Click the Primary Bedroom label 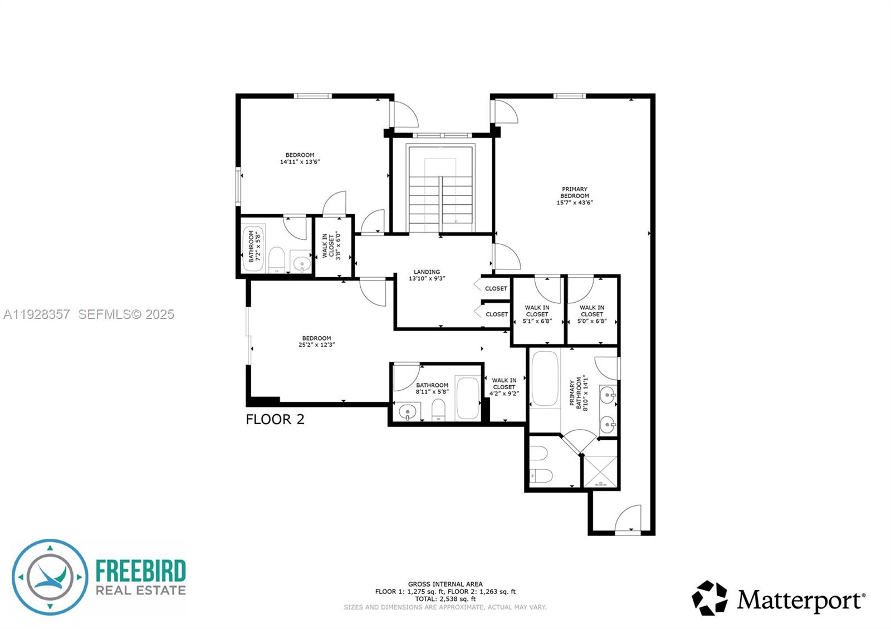point(574,196)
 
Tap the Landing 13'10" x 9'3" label point(427,275)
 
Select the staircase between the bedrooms point(440,189)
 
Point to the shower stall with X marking point(600,464)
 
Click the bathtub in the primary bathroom point(545,379)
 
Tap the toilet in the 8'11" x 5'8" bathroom point(439,410)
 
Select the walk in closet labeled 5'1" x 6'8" point(537,314)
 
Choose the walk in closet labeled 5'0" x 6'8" point(591,314)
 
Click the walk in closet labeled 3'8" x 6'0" point(332,247)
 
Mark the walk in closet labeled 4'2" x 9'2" point(504,387)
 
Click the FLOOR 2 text point(275,420)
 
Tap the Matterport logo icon point(709,598)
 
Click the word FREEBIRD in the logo point(140,571)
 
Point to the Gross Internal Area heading point(445,584)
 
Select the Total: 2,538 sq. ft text point(445,599)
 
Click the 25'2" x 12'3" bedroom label point(316,341)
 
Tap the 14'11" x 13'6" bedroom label point(300,159)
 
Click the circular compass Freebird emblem point(50,577)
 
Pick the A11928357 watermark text point(37,314)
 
